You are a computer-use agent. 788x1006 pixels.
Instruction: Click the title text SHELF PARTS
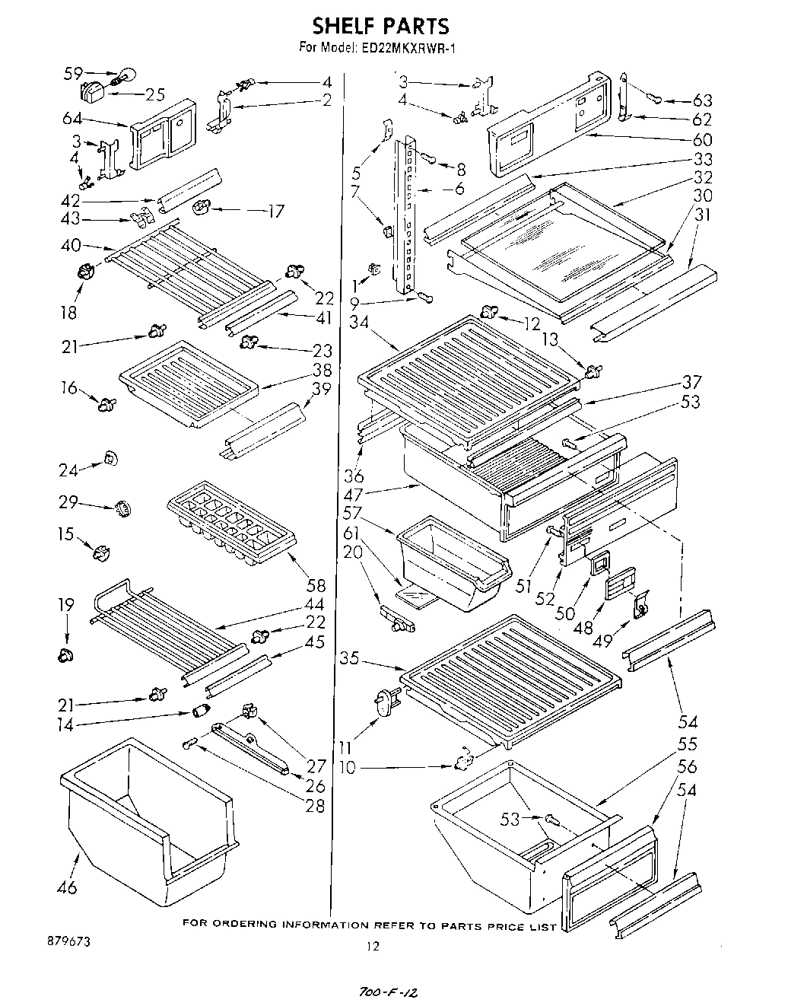click(x=381, y=27)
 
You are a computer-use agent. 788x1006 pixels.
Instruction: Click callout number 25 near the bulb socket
click(x=155, y=95)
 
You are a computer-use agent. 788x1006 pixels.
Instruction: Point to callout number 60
click(x=703, y=139)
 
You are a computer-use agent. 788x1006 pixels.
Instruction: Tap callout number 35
click(x=349, y=658)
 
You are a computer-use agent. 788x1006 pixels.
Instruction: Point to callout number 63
click(x=703, y=101)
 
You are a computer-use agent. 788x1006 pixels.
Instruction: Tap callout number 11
click(x=347, y=747)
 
